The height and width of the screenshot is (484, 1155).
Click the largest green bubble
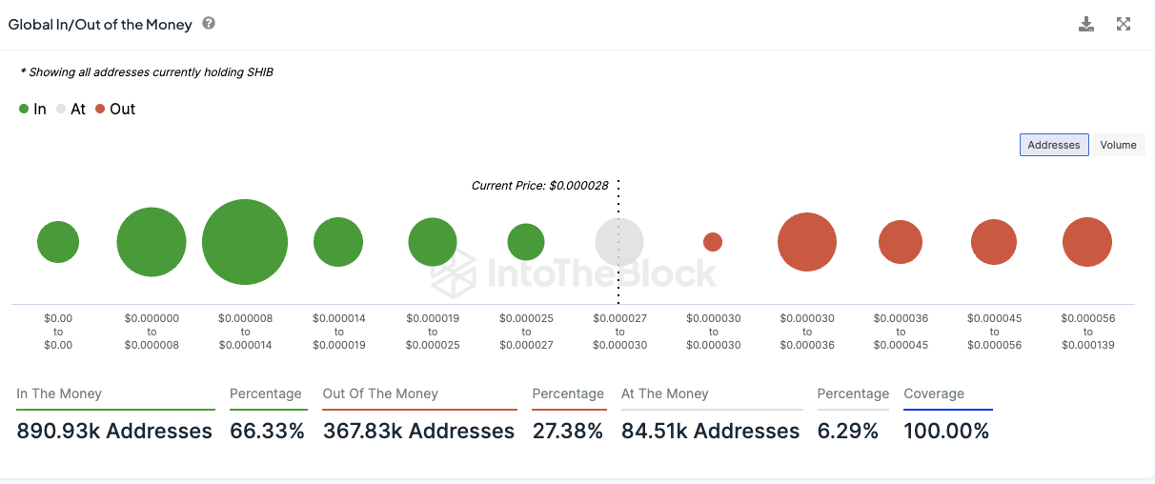[x=245, y=242]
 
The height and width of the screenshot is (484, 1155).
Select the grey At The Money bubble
[x=620, y=242]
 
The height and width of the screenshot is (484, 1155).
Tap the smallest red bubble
[x=712, y=242]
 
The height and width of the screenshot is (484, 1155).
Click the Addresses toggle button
[x=1054, y=145]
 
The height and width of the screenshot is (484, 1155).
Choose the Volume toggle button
[x=1118, y=145]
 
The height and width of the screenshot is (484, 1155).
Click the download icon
[x=1086, y=25]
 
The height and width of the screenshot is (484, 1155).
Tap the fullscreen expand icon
[x=1124, y=25]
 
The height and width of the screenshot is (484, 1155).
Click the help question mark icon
[x=209, y=24]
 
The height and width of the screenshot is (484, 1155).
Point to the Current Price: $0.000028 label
[x=539, y=185]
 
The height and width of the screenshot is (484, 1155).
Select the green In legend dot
[x=24, y=110]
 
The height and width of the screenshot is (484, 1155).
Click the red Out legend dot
[x=100, y=110]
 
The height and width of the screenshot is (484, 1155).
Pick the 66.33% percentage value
[x=267, y=431]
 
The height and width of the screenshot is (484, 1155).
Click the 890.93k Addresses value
[x=114, y=431]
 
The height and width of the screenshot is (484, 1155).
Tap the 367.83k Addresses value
[x=418, y=431]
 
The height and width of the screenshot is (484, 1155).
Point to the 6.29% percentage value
[x=847, y=431]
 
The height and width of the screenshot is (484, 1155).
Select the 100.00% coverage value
[x=946, y=431]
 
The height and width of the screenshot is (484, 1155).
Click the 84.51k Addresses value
[x=710, y=431]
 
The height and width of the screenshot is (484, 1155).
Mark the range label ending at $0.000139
[x=1087, y=332]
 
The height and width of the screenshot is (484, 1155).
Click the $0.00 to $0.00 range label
[x=58, y=332]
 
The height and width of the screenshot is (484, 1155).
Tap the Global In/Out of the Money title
[x=100, y=25]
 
